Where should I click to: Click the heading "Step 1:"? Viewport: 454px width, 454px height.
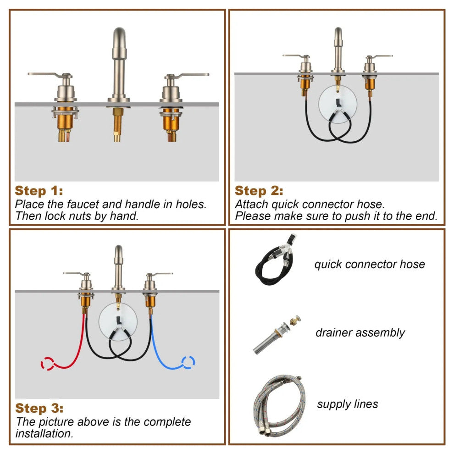(39, 191)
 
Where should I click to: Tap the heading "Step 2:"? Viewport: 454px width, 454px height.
(259, 191)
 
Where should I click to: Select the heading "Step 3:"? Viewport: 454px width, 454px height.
(39, 408)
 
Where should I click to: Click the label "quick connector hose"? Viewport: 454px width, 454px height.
(370, 264)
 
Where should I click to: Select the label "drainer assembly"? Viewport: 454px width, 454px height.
(360, 333)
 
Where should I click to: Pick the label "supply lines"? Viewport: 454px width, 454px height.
(348, 404)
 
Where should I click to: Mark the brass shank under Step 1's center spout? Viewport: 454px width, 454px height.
(117, 124)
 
